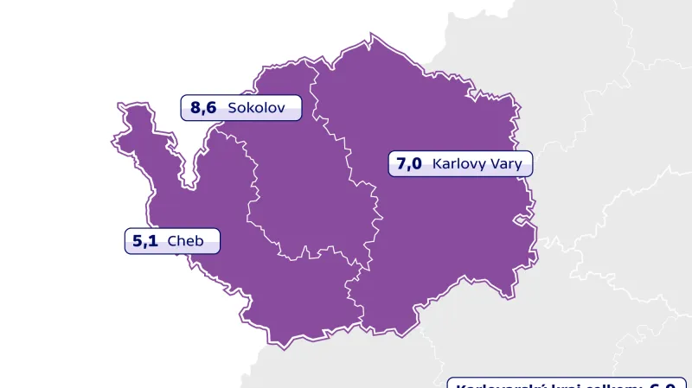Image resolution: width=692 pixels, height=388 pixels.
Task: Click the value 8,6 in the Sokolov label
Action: (x=203, y=108)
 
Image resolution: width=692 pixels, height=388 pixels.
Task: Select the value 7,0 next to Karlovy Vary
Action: (x=409, y=162)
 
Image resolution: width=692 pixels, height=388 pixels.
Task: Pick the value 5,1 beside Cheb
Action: (x=145, y=241)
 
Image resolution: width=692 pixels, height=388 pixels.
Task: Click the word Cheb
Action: (x=185, y=241)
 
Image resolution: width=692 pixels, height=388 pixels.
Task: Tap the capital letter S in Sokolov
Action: (x=231, y=108)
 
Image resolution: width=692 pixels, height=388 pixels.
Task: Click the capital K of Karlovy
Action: (x=437, y=162)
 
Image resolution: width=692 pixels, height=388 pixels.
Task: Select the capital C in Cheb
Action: (x=172, y=241)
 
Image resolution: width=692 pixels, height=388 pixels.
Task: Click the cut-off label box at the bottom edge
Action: (x=567, y=383)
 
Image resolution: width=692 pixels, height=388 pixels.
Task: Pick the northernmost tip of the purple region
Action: (x=372, y=36)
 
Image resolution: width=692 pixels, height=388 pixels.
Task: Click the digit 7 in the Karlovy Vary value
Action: (x=402, y=162)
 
